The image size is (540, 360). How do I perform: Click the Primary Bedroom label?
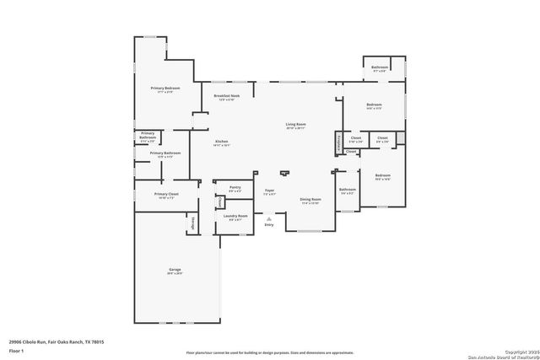point(165,89)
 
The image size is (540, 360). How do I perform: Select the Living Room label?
point(295,124)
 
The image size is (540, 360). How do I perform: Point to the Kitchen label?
point(221,141)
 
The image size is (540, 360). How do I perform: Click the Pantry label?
point(235,189)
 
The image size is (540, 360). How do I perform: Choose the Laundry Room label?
point(235,216)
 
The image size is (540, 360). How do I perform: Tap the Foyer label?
point(269,191)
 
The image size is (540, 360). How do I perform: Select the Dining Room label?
point(310,199)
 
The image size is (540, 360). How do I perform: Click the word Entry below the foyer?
point(269,224)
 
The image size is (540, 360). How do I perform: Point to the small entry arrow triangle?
point(269,218)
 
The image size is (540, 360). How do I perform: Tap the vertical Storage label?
point(193,223)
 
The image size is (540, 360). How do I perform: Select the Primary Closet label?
point(166,194)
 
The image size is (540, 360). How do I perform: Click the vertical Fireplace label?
point(338,140)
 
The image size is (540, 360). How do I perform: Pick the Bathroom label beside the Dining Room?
point(348,191)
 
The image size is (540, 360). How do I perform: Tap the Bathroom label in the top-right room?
point(380,67)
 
